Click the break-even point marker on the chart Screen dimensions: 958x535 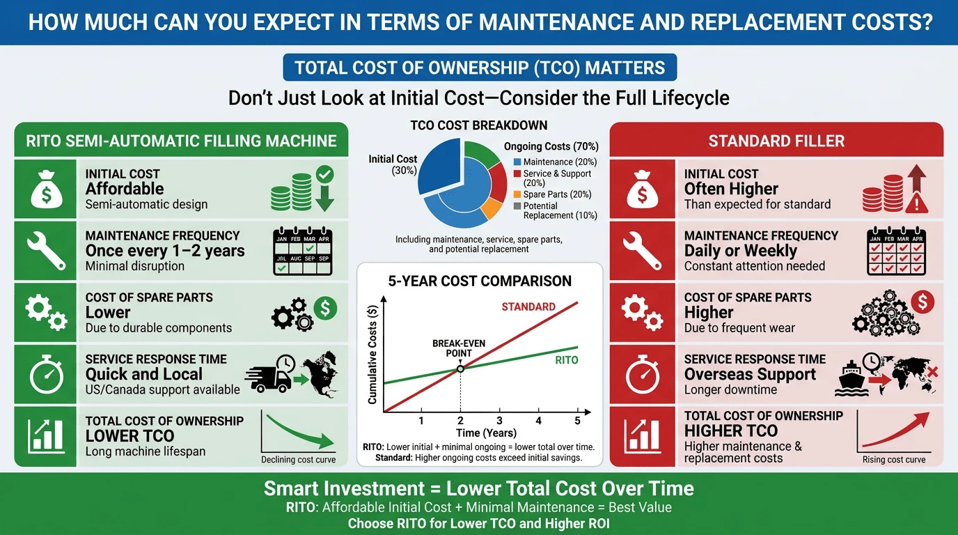point(460,369)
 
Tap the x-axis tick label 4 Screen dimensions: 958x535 point(538,421)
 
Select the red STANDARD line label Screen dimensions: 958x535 point(528,307)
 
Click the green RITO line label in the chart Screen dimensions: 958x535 point(566,360)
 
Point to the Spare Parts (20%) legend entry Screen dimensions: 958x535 point(553,194)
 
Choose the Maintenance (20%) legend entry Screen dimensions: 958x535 point(555,162)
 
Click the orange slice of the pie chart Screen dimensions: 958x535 point(492,209)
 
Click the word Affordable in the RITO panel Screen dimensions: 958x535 point(125,189)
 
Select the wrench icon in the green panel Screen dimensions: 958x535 point(46,250)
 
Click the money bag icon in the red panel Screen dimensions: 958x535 point(642,189)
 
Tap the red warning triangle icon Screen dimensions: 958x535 point(916,203)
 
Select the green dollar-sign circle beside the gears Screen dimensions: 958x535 point(325,308)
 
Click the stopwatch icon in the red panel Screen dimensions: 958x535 point(642,374)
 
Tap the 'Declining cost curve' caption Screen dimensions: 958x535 point(299,460)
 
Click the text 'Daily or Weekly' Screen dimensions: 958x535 point(741,250)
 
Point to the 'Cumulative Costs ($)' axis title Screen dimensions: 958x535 point(372,355)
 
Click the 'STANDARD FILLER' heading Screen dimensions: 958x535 point(776,141)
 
